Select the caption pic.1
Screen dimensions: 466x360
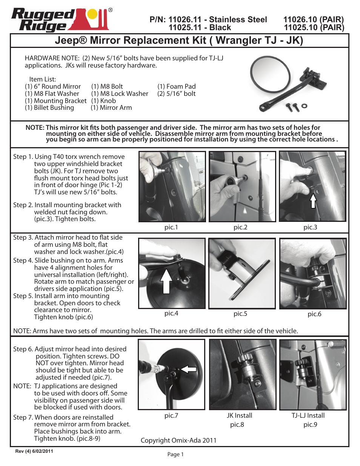tap(171, 227)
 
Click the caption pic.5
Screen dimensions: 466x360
tap(240, 314)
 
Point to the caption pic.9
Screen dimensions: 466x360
tap(310, 424)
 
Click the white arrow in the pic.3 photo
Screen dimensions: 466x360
tap(313, 201)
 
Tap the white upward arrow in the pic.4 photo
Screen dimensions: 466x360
tap(166, 281)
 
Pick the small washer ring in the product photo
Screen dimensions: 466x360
tap(305, 106)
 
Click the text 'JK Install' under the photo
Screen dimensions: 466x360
tap(239, 415)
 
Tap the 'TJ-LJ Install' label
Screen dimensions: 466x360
tap(308, 415)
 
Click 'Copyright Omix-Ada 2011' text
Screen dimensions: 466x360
tap(178, 440)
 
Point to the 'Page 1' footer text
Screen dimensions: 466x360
tap(175, 454)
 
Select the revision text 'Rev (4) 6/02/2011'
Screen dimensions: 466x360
tap(34, 451)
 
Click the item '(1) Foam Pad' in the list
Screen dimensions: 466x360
tap(176, 86)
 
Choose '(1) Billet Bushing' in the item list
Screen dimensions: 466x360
tap(49, 108)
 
